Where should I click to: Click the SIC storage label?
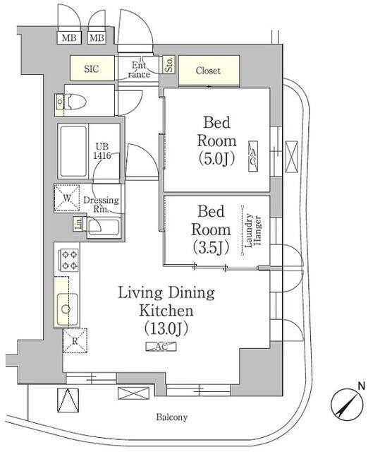pyautogui.click(x=92, y=70)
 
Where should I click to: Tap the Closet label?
pyautogui.click(x=208, y=71)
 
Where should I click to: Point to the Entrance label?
pyautogui.click(x=138, y=70)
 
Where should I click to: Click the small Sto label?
pyautogui.click(x=169, y=66)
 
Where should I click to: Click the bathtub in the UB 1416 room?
pyautogui.click(x=73, y=151)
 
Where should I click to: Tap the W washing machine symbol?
pyautogui.click(x=68, y=198)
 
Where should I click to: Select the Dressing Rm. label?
pyautogui.click(x=101, y=204)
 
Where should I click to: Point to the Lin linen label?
pyautogui.click(x=77, y=225)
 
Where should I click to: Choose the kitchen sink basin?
pyautogui.click(x=66, y=309)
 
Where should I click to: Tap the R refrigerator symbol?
pyautogui.click(x=75, y=340)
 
